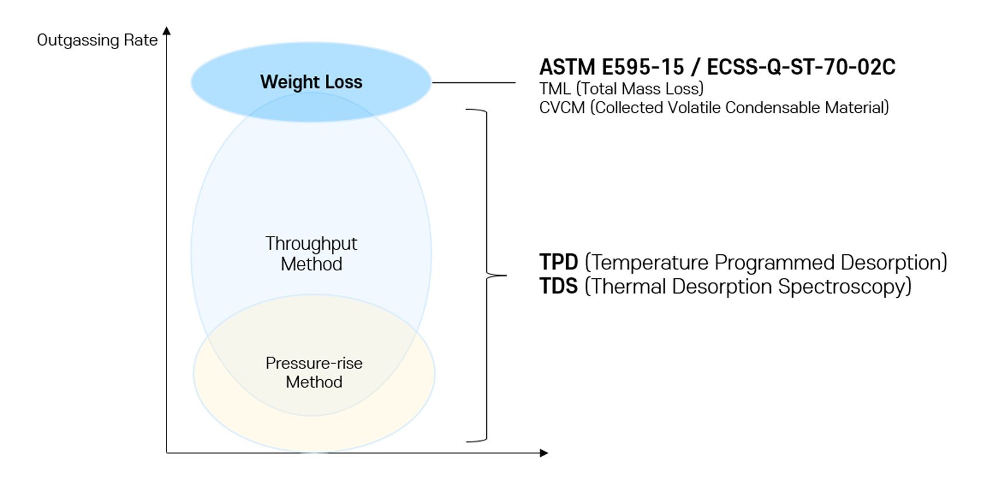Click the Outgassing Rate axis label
(97, 40)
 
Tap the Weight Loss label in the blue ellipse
(311, 82)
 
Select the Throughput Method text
(311, 253)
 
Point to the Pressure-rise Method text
(314, 373)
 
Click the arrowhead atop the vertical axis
(167, 31)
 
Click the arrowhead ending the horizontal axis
(544, 453)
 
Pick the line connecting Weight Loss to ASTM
(474, 83)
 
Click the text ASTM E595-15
(611, 67)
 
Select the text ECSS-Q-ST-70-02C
(801, 67)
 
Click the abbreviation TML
(555, 89)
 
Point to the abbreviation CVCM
(562, 108)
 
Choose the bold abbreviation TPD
(558, 262)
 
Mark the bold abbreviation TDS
(558, 286)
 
